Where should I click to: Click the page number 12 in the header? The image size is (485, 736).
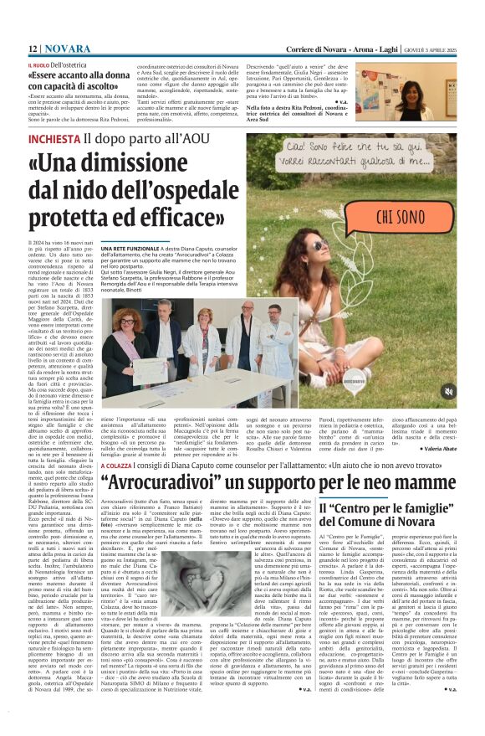tap(32, 49)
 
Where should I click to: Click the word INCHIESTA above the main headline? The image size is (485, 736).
tap(55, 139)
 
